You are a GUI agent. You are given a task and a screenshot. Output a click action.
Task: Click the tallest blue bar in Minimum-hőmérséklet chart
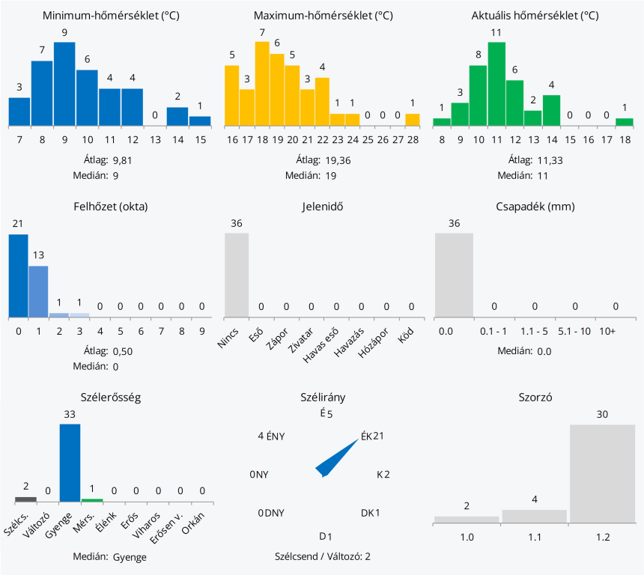[65, 84]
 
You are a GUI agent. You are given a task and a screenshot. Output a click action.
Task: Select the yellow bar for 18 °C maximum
[262, 84]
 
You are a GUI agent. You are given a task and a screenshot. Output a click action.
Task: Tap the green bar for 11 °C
[496, 84]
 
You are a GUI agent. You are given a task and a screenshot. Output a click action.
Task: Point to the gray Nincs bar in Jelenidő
[237, 275]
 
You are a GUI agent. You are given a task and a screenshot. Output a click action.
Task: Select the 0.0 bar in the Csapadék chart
[454, 275]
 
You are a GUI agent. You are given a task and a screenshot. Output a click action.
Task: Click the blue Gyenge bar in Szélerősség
[70, 463]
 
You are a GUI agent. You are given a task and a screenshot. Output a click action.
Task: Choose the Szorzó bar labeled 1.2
[602, 473]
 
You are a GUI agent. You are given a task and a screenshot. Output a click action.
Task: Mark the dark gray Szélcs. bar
[25, 499]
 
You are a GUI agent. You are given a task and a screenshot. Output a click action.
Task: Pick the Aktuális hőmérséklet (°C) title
[535, 15]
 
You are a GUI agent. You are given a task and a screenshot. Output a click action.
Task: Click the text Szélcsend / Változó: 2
[323, 556]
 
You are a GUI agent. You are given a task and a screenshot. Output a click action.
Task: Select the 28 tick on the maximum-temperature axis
[413, 139]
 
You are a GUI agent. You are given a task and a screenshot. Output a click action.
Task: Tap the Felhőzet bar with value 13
[38, 291]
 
